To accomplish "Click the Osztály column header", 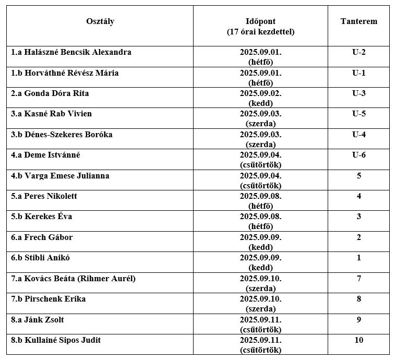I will click(100, 22).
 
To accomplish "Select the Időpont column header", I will click(260, 22).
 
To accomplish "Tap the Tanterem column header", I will click(358, 22).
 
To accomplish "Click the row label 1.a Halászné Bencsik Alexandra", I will click(71, 52).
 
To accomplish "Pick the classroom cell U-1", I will click(358, 73).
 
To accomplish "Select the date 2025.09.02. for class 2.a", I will click(260, 93).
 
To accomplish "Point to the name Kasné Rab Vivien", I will click(58, 114).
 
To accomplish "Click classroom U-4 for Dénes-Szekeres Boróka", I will click(358, 135).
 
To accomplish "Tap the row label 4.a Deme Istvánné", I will click(46, 155).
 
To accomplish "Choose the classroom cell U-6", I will click(358, 155).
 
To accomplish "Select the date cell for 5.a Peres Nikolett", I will click(260, 201).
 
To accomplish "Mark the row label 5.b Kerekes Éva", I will click(42, 217).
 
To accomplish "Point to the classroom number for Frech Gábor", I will click(358, 237).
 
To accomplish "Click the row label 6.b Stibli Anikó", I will click(41, 258).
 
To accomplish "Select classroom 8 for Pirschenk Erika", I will click(358, 299).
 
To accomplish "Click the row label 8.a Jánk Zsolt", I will click(38, 319).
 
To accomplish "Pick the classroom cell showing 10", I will click(358, 340).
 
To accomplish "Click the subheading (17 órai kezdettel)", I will click(260, 32).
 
